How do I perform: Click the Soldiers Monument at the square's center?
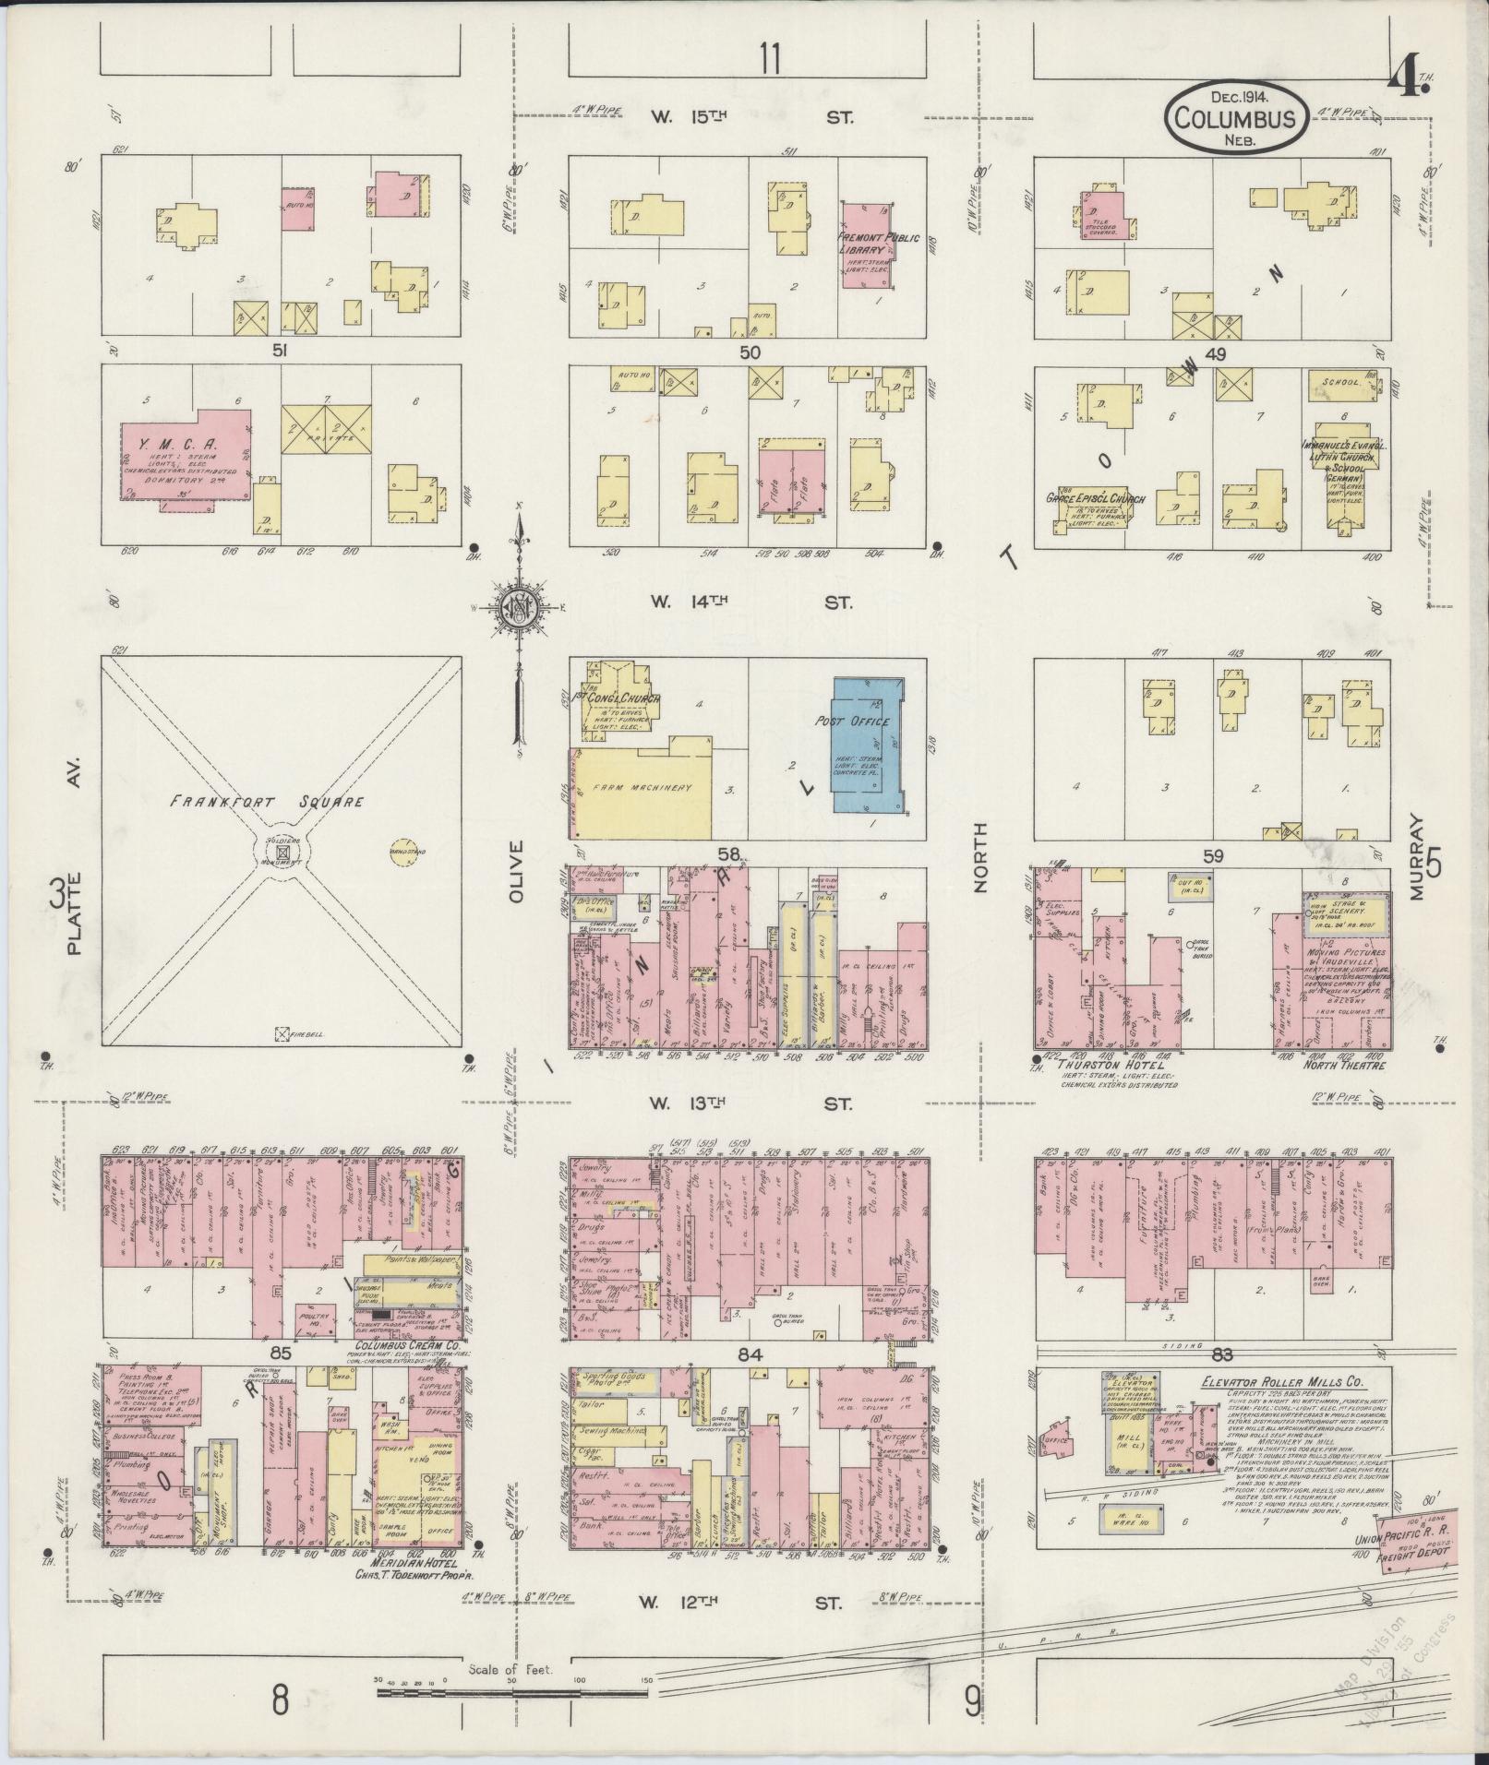283,853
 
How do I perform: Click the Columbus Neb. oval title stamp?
1235,117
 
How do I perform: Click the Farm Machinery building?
646,788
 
